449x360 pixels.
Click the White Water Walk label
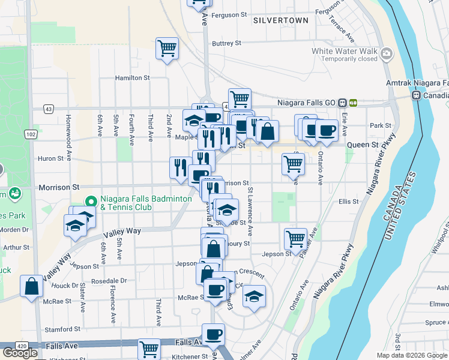345,51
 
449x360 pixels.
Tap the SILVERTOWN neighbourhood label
280,20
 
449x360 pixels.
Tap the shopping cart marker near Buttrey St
167,48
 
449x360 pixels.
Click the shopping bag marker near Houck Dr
31,286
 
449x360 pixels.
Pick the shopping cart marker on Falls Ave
148,349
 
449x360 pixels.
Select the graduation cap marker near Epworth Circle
254,296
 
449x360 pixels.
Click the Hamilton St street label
132,78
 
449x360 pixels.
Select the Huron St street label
51,159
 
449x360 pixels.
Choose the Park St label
381,126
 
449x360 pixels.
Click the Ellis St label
348,202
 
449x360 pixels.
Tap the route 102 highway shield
31,134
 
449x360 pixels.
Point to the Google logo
20,353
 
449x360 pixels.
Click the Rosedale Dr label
110,281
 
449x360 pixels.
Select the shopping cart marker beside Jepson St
295,238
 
